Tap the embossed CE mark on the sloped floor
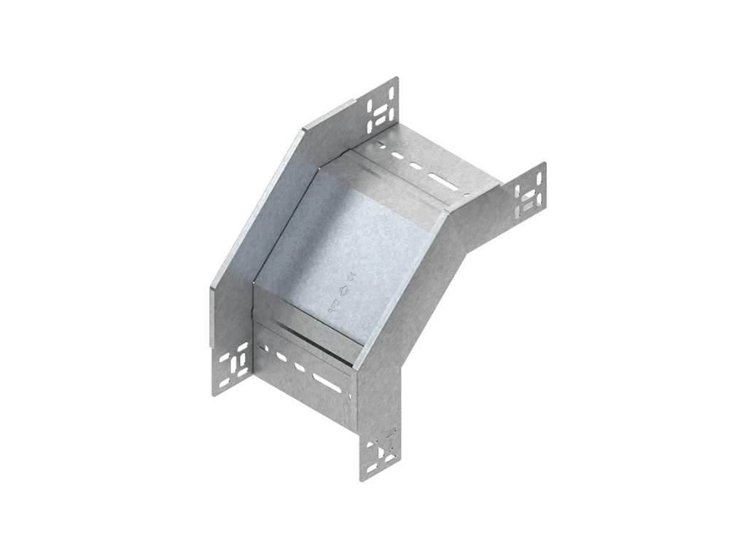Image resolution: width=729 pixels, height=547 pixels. click(x=351, y=276)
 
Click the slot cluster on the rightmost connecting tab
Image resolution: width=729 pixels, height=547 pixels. click(x=530, y=191)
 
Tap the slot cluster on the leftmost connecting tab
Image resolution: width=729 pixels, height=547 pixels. click(x=234, y=364)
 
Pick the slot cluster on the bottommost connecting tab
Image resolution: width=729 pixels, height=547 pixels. click(x=381, y=454)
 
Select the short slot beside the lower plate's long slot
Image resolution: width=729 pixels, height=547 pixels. click(x=298, y=367)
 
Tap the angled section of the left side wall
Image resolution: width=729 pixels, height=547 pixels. click(x=255, y=212)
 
